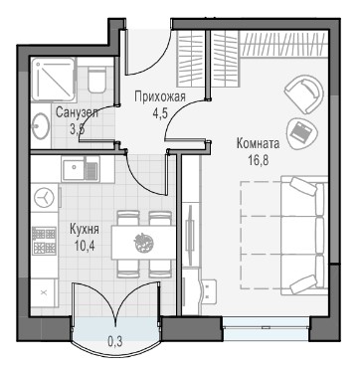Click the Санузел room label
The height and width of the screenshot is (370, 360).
point(77,112)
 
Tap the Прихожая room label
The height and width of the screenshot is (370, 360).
point(160,97)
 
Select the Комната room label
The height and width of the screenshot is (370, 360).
point(258,144)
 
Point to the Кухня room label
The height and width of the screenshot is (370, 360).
point(85,229)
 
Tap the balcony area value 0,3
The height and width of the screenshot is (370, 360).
point(115,341)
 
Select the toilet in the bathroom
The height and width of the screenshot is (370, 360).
point(96,80)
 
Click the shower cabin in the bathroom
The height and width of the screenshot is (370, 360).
point(53,80)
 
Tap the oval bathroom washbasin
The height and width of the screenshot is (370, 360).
point(41,126)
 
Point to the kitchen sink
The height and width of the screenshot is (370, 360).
point(81,169)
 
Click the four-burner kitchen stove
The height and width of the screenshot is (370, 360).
point(44,240)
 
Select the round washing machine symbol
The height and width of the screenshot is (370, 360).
point(44,198)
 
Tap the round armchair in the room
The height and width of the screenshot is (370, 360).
point(303,94)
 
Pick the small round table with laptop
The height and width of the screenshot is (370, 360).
point(301,133)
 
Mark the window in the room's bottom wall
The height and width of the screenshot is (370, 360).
point(266,327)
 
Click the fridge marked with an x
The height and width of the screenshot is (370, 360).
point(44,292)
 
